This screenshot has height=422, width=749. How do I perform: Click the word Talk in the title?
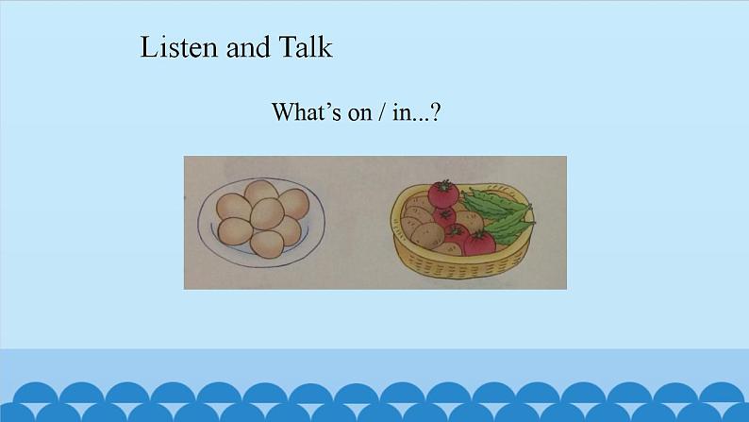[306, 47]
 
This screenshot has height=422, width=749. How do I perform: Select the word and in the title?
[248, 47]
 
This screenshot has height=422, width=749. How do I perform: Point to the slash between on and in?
[382, 112]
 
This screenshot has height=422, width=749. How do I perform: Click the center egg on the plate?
[267, 214]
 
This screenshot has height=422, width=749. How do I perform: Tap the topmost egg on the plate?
[261, 193]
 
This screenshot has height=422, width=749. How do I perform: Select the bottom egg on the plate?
[267, 245]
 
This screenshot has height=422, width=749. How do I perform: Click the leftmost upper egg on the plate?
[232, 206]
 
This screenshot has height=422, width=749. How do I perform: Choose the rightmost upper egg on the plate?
[294, 202]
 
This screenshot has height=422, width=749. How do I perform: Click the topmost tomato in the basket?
[441, 195]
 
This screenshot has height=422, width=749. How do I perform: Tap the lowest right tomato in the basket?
[480, 244]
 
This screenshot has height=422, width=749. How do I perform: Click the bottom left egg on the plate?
[234, 230]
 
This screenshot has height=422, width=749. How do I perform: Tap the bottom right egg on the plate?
[288, 230]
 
